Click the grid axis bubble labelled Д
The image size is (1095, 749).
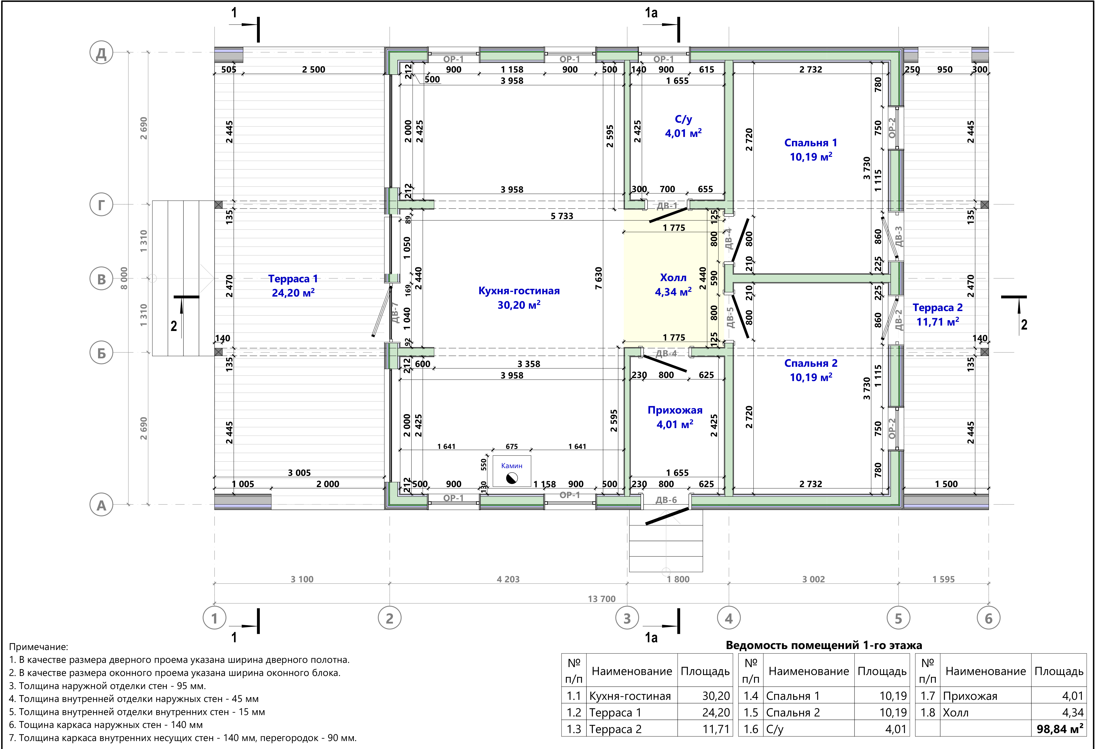[x=101, y=53]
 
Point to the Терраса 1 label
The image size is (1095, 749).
[x=293, y=279]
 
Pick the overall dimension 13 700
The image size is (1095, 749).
[x=602, y=599]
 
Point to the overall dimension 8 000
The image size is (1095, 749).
[x=124, y=278]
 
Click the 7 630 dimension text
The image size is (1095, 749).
[x=598, y=278]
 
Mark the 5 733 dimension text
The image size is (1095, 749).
[x=562, y=216]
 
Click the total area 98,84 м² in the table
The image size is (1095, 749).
[x=1060, y=729]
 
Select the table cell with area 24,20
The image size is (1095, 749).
[x=716, y=712]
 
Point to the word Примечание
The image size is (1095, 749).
[x=39, y=647]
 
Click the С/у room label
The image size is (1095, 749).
[x=683, y=119]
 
